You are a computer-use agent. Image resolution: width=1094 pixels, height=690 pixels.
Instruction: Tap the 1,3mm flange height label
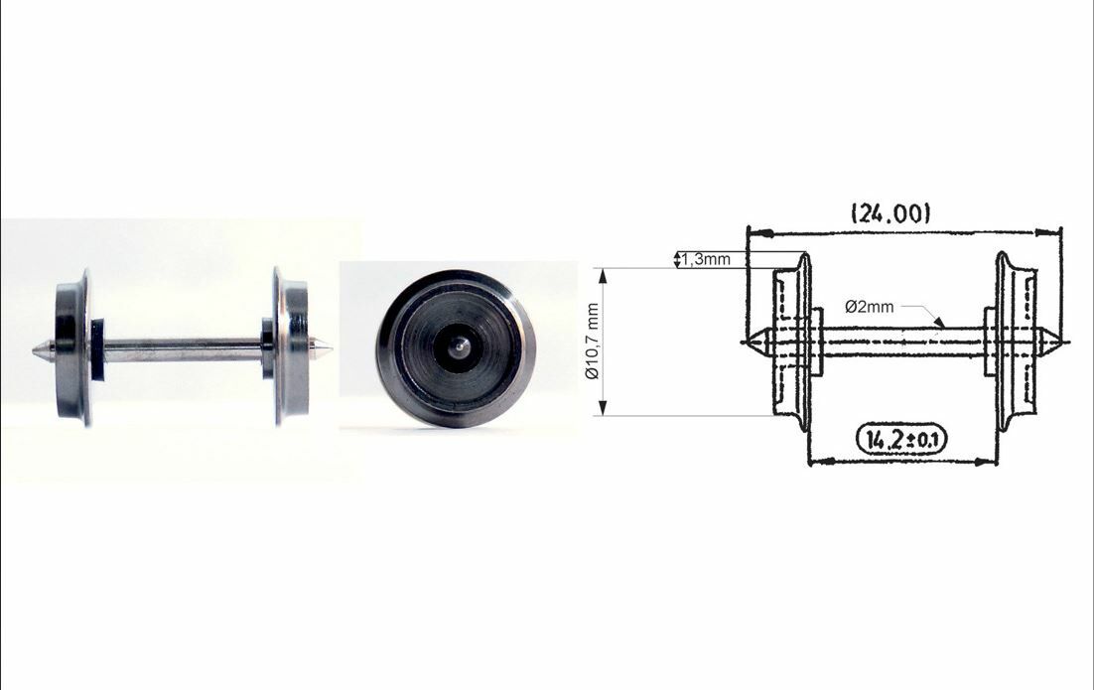[706, 259]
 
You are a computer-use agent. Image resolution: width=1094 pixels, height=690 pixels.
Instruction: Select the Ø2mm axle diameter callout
[869, 307]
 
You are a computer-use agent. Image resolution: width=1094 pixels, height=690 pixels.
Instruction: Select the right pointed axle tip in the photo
[325, 348]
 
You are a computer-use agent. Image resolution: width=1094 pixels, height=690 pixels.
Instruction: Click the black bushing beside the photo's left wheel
[97, 349]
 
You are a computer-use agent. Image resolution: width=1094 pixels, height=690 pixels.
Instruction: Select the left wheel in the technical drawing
[793, 343]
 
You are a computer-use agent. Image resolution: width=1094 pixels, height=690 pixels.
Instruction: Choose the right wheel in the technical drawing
[1017, 343]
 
